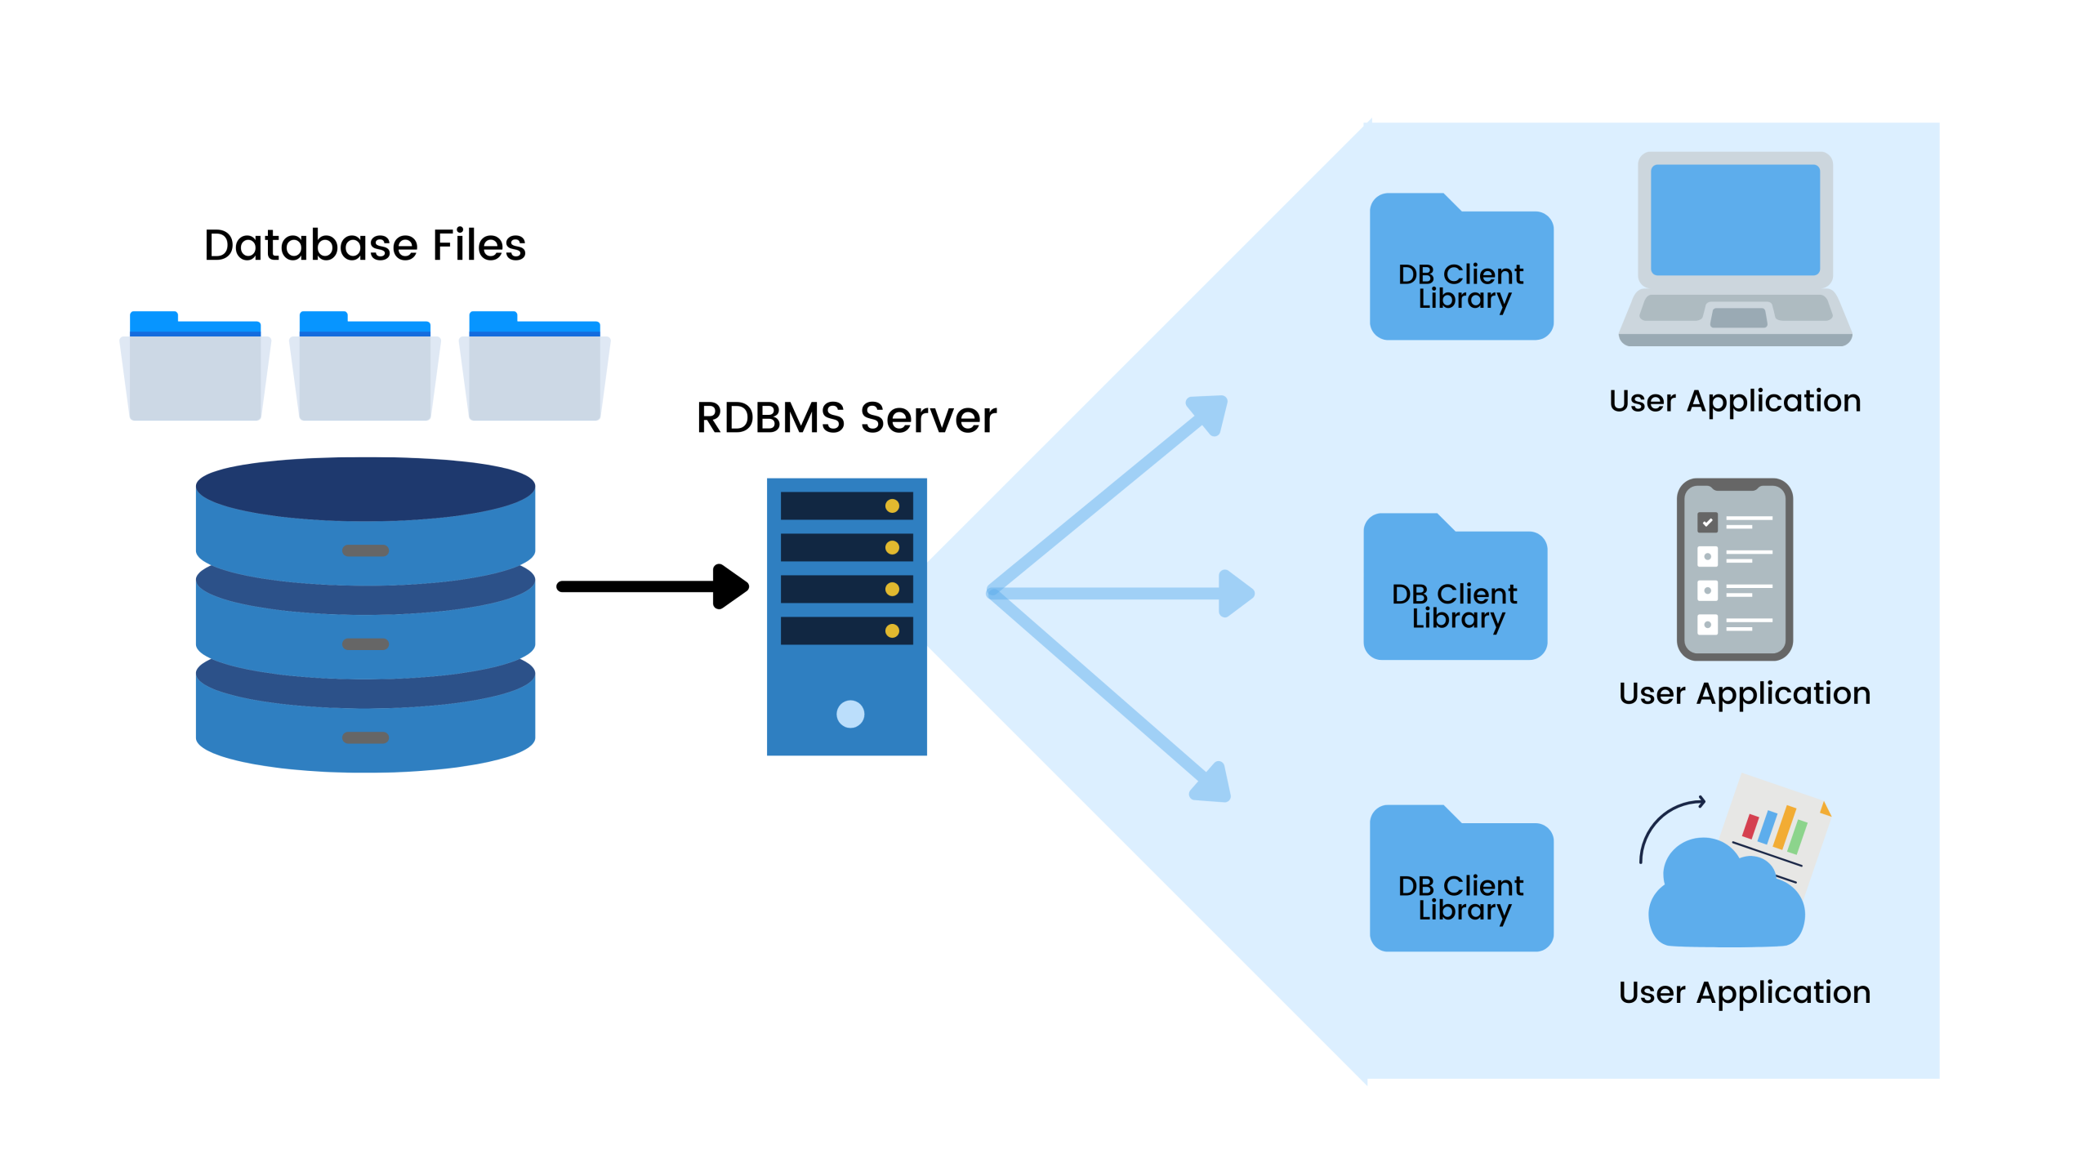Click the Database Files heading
tap(364, 245)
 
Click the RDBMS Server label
tap(846, 417)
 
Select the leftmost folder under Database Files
tap(195, 372)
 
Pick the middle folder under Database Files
tap(365, 372)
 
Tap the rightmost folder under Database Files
tap(535, 372)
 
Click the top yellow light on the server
tap(892, 506)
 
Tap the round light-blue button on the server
tap(849, 714)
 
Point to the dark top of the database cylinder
tap(365, 488)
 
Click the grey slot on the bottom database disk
tap(365, 737)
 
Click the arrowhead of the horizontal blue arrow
tap(1237, 593)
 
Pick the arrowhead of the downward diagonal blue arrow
tap(1212, 784)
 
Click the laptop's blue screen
tap(1735, 220)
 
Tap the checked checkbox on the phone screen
tap(1707, 522)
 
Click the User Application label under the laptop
tap(1735, 401)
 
